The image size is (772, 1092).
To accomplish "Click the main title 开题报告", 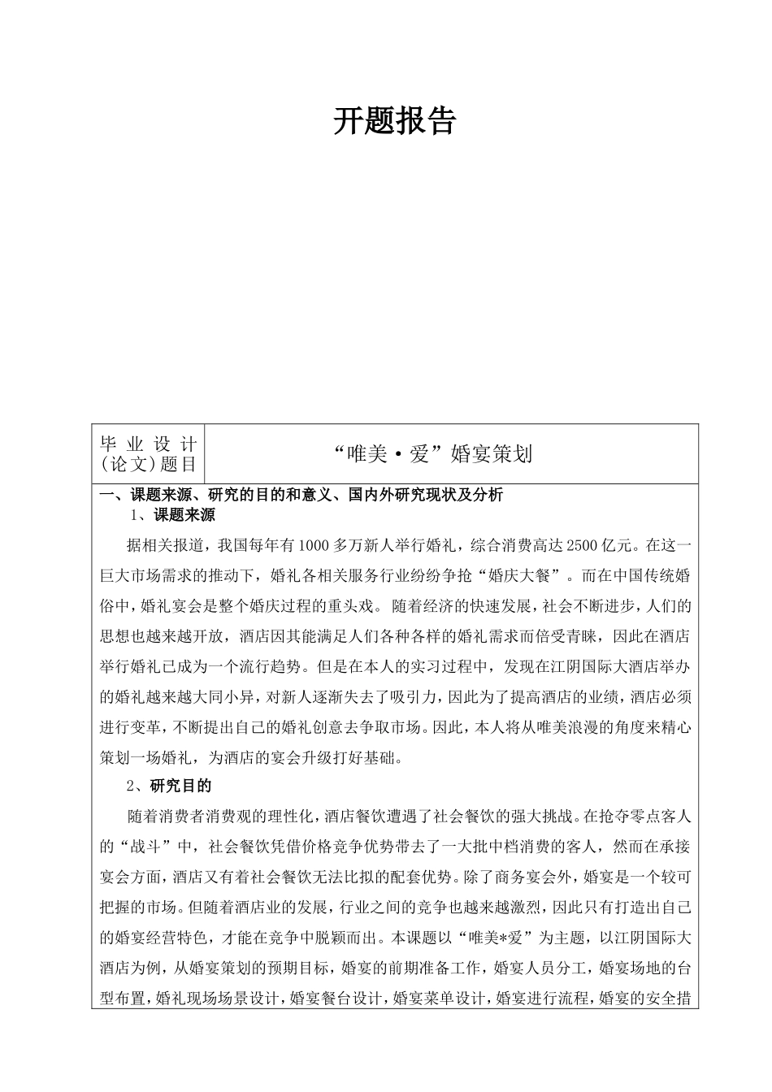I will tap(395, 122).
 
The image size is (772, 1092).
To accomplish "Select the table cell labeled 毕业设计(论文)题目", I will tap(148, 453).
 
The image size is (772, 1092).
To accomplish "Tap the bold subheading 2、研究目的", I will tap(169, 786).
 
